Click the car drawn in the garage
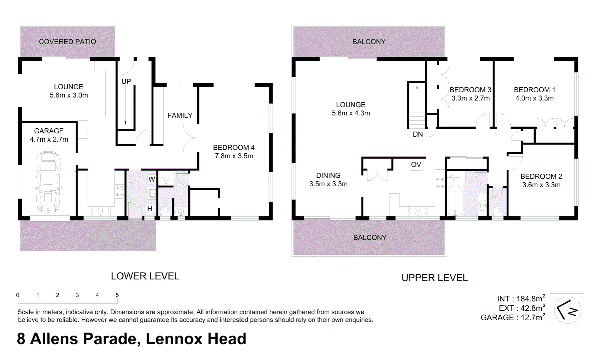point(49,182)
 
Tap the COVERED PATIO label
point(67,42)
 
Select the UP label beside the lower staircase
point(126,81)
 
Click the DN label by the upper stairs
point(418,134)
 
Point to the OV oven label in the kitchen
point(416,165)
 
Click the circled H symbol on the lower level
point(150,209)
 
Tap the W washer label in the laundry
point(152,179)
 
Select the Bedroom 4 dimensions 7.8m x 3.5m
point(234,156)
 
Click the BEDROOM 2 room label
point(541,176)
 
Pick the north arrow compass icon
point(567,310)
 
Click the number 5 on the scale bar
point(117,295)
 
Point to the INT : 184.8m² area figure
point(521,299)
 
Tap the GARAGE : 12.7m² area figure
point(513,318)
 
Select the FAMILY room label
point(180,115)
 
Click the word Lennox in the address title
point(174,339)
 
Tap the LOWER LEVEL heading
point(145,276)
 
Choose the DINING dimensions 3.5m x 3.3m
point(328,184)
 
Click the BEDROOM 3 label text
point(470,90)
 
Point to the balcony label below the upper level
point(369,238)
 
